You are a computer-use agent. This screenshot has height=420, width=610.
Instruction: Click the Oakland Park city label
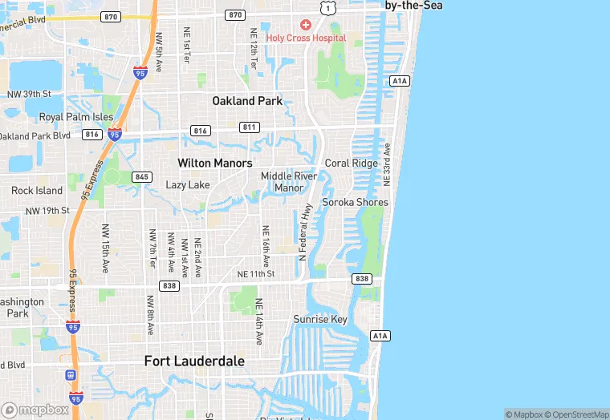click(247, 101)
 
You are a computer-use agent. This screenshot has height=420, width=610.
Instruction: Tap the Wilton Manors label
click(214, 163)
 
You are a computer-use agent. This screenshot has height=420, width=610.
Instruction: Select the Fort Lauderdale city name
click(194, 361)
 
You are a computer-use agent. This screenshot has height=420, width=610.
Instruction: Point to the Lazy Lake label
click(187, 185)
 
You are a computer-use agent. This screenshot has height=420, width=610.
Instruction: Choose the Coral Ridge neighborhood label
click(351, 164)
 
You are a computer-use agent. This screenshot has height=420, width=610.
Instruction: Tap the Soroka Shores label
click(355, 202)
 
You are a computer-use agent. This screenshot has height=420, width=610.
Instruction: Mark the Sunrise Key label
click(320, 319)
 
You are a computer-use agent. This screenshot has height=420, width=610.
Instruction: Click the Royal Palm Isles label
click(76, 117)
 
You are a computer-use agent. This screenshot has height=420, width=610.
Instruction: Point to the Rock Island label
click(37, 191)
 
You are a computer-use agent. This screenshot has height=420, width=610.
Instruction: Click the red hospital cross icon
click(306, 26)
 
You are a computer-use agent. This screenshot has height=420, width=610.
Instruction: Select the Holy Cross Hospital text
click(306, 38)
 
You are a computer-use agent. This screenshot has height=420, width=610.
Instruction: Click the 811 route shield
click(250, 127)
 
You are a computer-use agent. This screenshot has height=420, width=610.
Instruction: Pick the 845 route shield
click(142, 176)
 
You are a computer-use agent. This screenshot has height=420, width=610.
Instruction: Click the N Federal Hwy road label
click(305, 232)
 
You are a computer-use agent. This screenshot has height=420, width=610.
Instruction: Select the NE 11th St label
click(256, 274)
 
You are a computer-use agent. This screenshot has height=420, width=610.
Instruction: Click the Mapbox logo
click(36, 410)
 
